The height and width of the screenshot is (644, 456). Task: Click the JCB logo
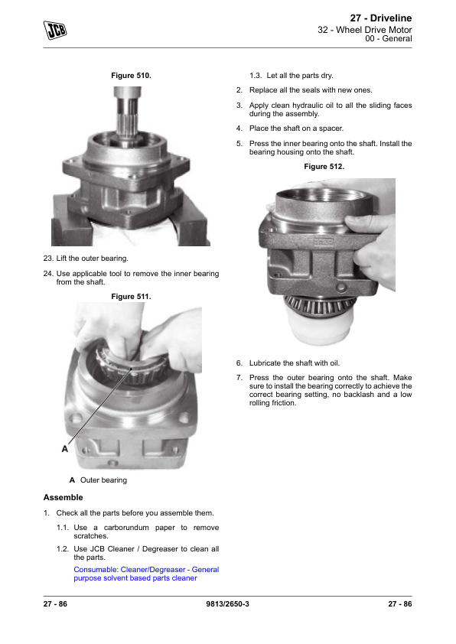[55, 30]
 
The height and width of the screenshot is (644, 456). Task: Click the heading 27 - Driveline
[381, 18]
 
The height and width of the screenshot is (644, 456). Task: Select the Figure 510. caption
[131, 76]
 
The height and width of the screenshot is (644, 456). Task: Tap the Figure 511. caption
[131, 297]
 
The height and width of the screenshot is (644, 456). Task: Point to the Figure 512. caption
[324, 166]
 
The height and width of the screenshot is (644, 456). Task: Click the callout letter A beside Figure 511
[65, 449]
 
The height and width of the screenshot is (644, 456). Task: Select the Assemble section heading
[64, 497]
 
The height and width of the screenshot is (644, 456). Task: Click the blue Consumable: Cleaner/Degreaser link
[146, 574]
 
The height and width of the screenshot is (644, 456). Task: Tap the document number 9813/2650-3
[227, 603]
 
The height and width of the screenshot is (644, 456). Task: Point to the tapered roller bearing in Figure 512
[319, 304]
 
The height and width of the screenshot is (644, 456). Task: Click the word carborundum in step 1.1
[126, 527]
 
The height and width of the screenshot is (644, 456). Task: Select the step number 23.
[48, 259]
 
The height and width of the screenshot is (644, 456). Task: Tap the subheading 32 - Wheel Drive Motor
[365, 30]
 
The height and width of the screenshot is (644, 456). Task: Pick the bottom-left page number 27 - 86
[55, 603]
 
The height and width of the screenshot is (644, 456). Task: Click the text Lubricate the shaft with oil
[295, 363]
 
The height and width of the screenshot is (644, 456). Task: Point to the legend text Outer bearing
[103, 480]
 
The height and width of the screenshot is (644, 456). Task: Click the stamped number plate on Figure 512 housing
[324, 242]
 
